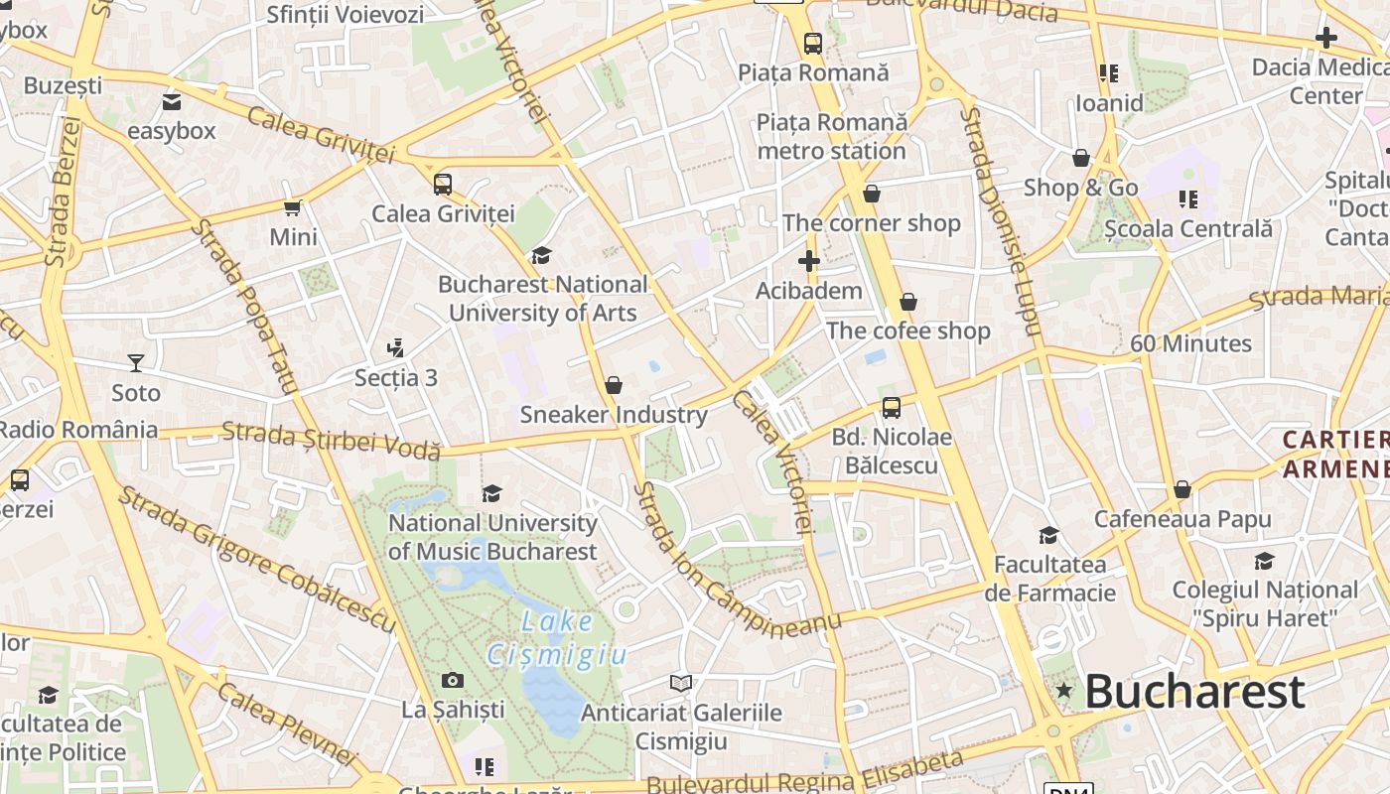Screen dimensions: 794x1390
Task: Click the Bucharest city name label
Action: (1193, 692)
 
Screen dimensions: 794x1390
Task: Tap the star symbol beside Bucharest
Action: (1064, 690)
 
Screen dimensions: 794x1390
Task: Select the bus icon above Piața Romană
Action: (812, 44)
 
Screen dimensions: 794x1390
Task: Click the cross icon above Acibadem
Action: (808, 262)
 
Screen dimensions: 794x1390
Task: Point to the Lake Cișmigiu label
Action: (557, 638)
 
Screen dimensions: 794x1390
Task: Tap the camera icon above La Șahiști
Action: (453, 680)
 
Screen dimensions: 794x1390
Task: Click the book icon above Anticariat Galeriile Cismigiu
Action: (680, 683)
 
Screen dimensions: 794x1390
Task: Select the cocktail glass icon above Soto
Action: (136, 363)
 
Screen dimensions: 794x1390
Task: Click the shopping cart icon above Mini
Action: (292, 207)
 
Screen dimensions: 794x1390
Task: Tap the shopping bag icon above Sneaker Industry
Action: (613, 384)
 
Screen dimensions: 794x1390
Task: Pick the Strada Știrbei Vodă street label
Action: (331, 440)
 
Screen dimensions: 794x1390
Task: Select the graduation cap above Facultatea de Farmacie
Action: (1048, 536)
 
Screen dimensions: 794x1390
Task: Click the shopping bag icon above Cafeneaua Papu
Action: (1181, 489)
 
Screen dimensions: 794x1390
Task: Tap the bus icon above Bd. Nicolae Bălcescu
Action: (891, 407)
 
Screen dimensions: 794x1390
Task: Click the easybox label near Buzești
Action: (171, 131)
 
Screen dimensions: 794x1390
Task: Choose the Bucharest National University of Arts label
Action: (542, 298)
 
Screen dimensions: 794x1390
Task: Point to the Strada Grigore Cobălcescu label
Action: (256, 559)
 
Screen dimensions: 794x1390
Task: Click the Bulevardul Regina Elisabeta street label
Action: (804, 774)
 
